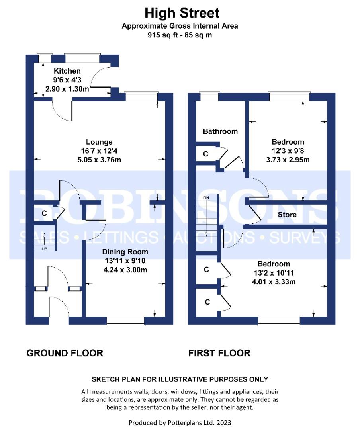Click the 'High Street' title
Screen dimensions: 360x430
182,13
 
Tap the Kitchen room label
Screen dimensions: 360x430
67,71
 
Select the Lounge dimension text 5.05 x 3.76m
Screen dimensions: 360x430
99,160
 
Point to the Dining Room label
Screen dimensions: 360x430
125,252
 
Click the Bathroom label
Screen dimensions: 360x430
220,131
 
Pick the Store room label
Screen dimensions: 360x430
287,215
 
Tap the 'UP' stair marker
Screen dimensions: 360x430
45,249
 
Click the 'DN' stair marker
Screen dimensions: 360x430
206,198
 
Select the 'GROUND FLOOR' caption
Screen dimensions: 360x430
65,353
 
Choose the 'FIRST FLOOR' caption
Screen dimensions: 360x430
219,353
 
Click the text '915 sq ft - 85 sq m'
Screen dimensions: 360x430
180,35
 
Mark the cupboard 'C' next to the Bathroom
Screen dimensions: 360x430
205,154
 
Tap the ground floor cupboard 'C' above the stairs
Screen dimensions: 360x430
44,213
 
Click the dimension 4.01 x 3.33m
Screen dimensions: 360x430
274,281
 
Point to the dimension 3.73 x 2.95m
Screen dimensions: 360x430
288,160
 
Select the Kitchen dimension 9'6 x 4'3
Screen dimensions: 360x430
67,80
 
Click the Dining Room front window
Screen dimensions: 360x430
126,321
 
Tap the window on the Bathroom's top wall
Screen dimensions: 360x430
209,96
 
